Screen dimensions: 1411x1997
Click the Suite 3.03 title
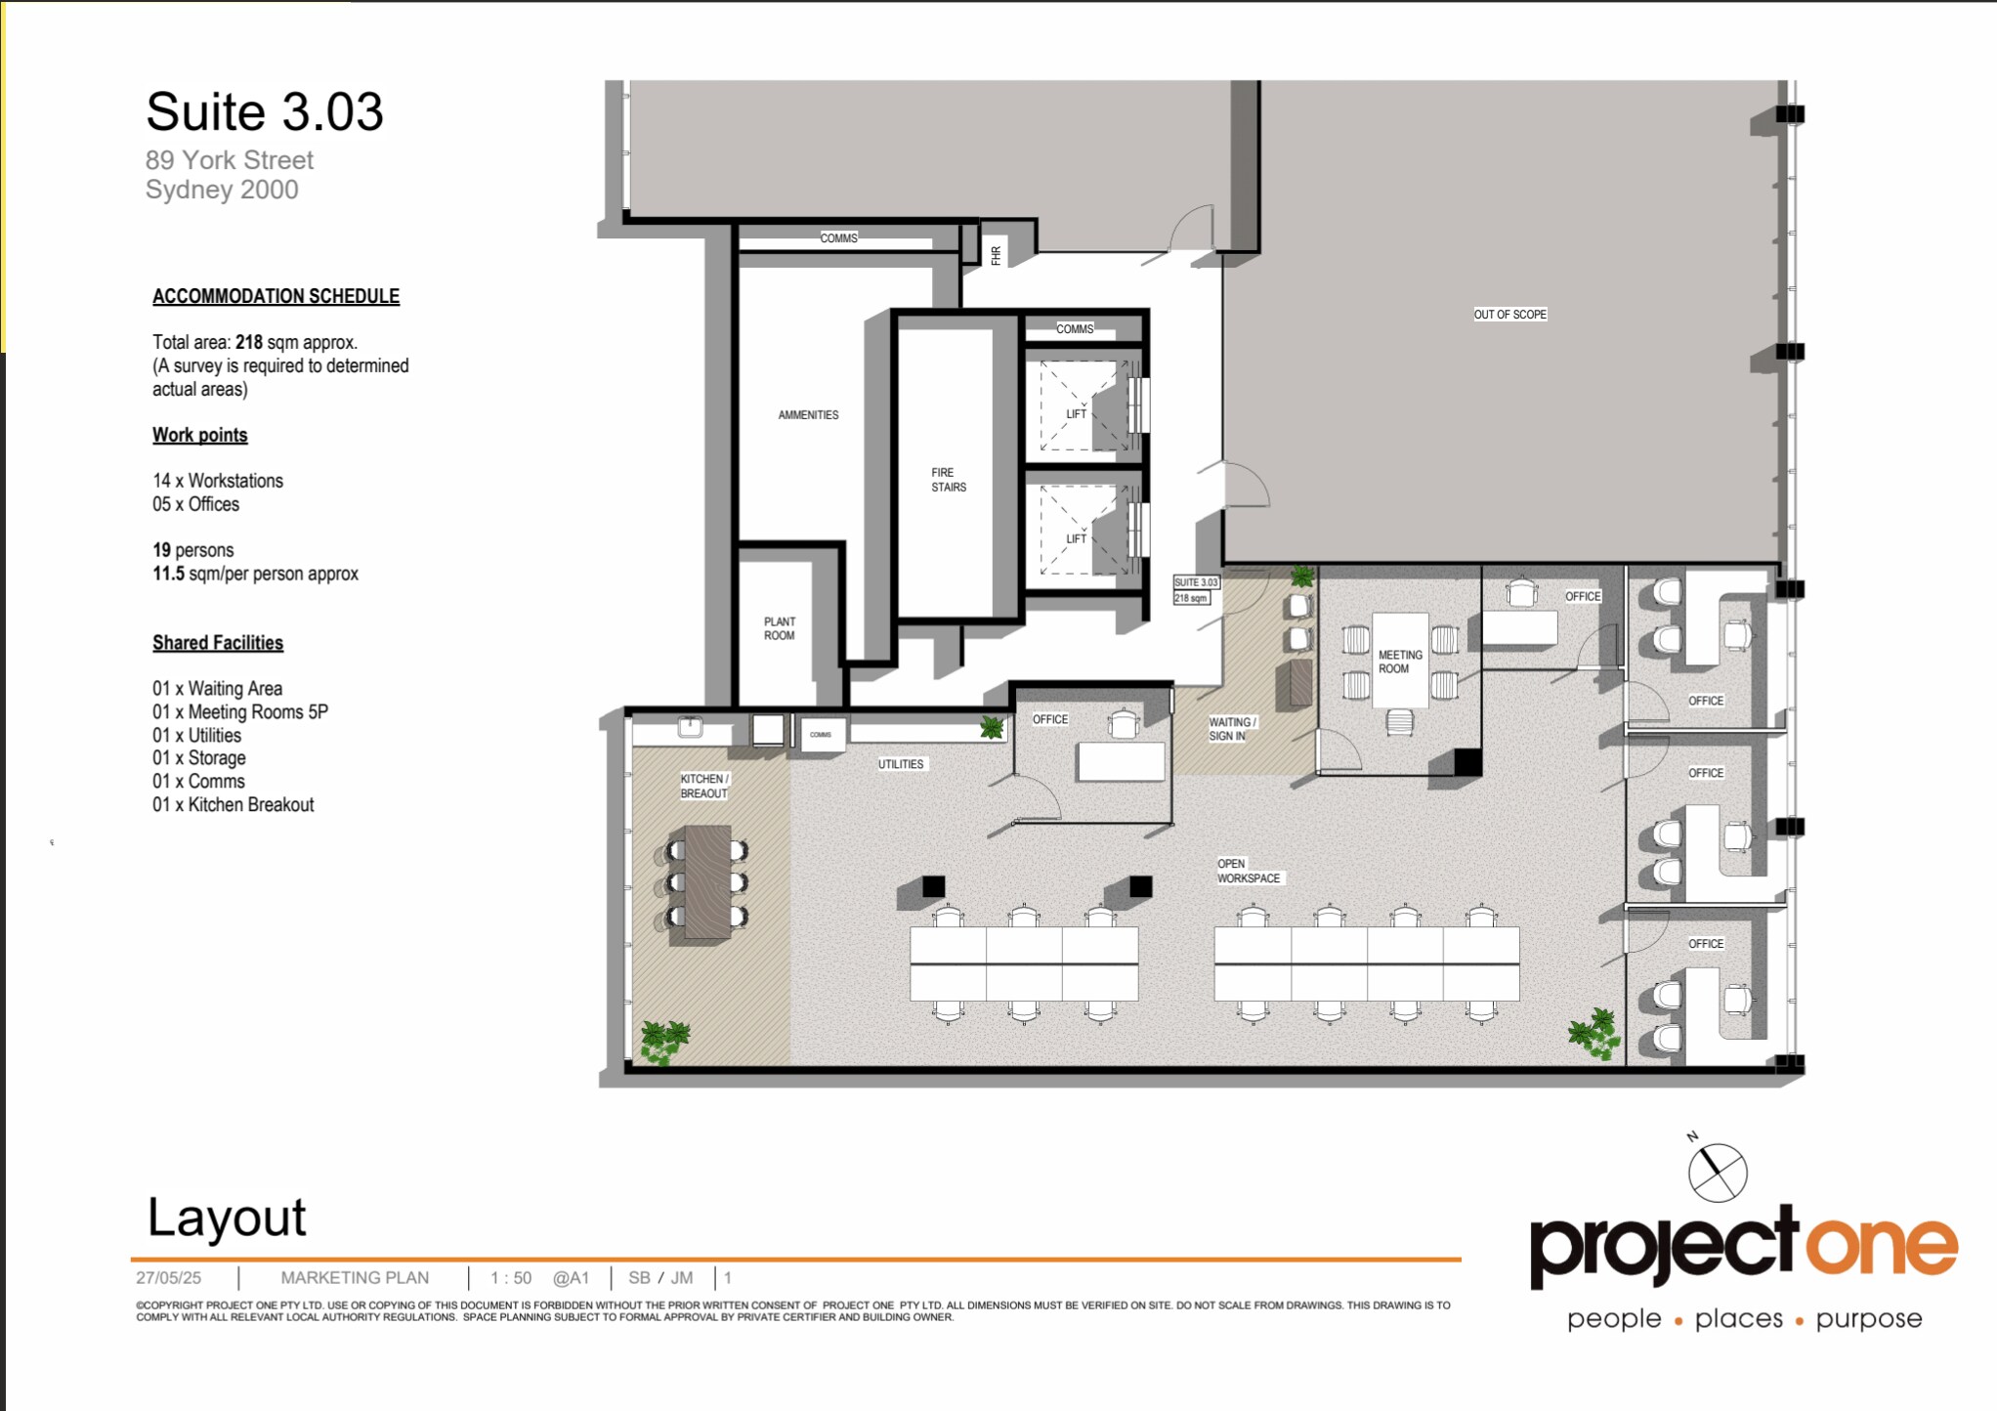(264, 111)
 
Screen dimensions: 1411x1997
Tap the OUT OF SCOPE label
(1509, 315)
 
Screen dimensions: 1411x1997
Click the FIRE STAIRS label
(948, 480)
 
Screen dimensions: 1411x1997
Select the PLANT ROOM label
(779, 628)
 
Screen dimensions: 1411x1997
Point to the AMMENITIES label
(808, 415)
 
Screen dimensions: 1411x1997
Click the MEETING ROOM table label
(1400, 662)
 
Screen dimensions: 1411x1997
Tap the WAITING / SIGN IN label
(1231, 729)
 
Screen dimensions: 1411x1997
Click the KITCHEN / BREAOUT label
(704, 786)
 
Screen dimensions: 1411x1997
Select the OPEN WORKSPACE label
(1248, 871)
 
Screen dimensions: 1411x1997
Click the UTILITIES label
(900, 764)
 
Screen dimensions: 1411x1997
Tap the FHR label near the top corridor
(996, 255)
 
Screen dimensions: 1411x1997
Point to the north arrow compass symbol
(1717, 1173)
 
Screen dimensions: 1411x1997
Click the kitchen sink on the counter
(691, 726)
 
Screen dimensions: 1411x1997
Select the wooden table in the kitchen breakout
(707, 882)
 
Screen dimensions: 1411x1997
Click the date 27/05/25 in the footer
(168, 1278)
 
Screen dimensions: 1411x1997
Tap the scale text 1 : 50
(511, 1278)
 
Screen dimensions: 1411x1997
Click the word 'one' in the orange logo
(1880, 1247)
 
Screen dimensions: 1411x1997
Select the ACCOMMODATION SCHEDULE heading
(276, 296)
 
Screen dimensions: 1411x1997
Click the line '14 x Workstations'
(218, 481)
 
